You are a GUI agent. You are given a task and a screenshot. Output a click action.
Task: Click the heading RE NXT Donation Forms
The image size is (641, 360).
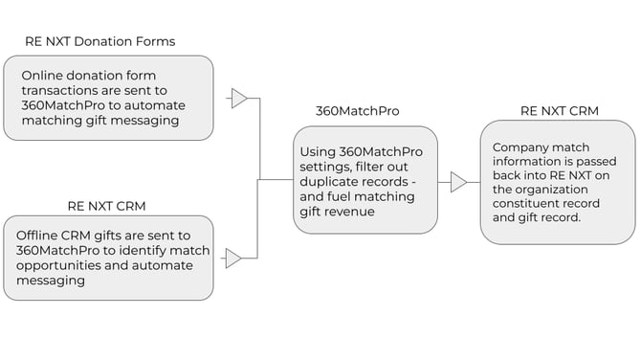[99, 41]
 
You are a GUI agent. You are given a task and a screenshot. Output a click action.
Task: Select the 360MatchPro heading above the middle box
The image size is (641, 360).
[357, 111]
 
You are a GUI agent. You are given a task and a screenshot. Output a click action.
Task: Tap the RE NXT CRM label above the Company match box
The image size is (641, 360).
[560, 111]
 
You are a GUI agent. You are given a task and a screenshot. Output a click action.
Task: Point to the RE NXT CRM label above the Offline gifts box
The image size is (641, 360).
[106, 205]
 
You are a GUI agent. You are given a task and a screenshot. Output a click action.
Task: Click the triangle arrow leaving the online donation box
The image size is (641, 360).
[239, 98]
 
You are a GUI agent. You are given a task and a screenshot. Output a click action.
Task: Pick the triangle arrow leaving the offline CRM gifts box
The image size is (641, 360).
[232, 258]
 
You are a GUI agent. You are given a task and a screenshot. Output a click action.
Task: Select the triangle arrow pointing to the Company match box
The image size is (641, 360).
[458, 182]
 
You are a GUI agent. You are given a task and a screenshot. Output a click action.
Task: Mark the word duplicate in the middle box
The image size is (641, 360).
[334, 182]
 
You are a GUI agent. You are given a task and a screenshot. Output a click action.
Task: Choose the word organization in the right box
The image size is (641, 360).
[561, 188]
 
